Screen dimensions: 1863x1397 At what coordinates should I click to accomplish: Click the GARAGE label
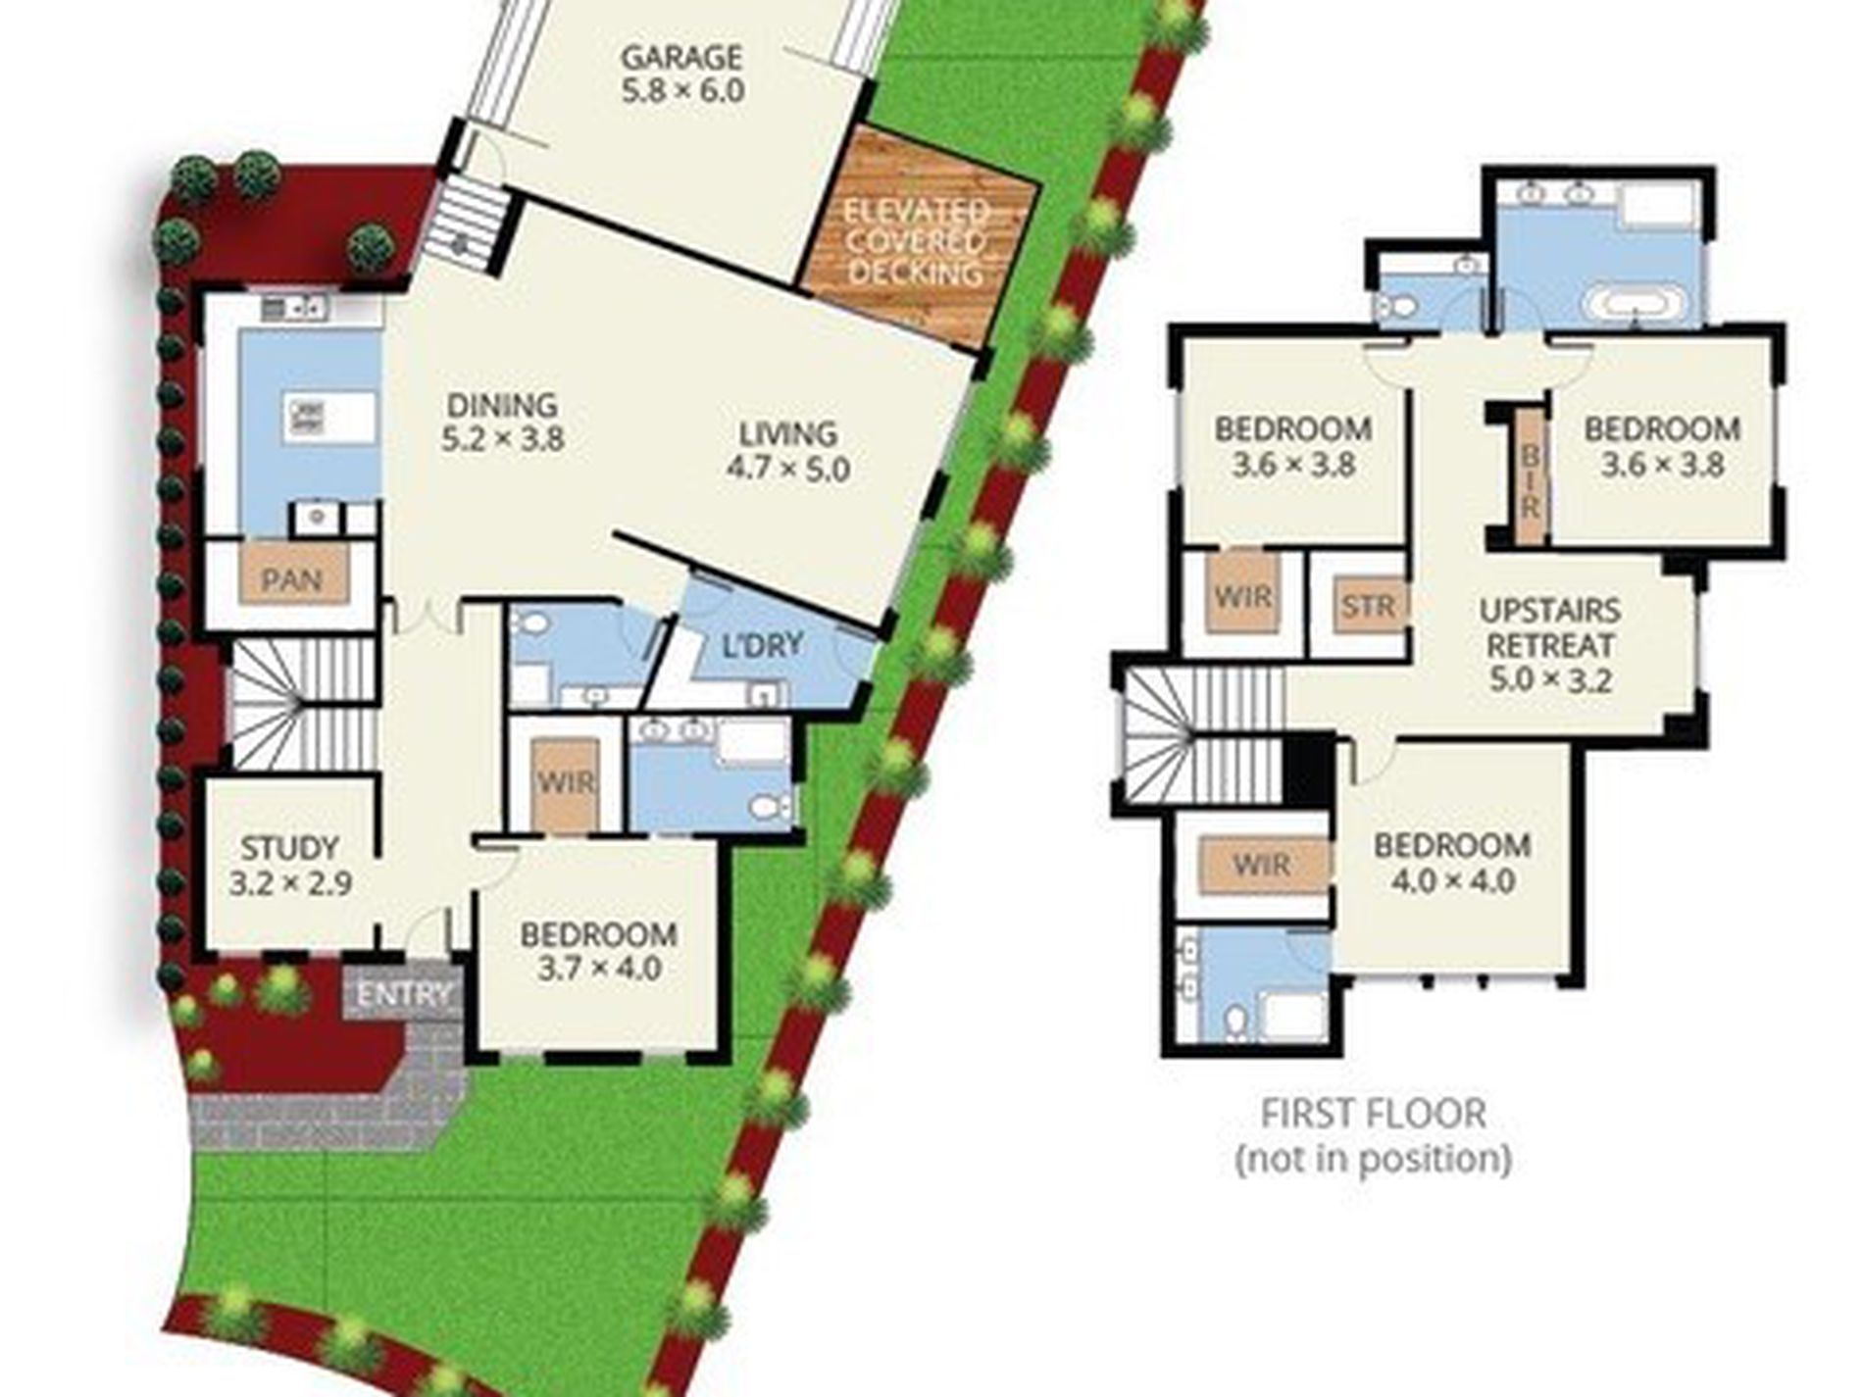pos(682,57)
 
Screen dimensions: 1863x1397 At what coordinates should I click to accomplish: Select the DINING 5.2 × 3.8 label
pos(502,422)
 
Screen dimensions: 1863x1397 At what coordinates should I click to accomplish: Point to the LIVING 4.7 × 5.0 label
pos(787,451)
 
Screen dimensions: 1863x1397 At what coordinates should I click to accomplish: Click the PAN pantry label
pos(291,579)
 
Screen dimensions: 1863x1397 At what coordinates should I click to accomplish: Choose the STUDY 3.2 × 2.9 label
pos(290,865)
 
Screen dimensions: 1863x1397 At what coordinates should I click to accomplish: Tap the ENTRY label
pos(403,995)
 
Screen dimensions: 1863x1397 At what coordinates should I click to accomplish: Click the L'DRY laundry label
pos(763,645)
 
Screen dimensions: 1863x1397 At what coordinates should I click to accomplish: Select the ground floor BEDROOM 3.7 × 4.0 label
pos(598,951)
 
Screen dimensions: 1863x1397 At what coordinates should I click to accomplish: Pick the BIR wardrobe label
pos(1529,480)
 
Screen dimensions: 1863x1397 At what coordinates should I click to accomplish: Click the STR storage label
pos(1368,607)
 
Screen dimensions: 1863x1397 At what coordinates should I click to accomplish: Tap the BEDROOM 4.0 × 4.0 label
pos(1452,863)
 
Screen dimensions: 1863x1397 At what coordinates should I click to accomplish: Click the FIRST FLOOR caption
pos(1373,1114)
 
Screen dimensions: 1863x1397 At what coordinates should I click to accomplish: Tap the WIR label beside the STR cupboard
pos(1243,596)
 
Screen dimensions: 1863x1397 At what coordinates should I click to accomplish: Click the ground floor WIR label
pos(566,782)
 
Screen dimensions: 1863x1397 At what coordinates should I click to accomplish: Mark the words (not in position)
pos(1373,1159)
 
